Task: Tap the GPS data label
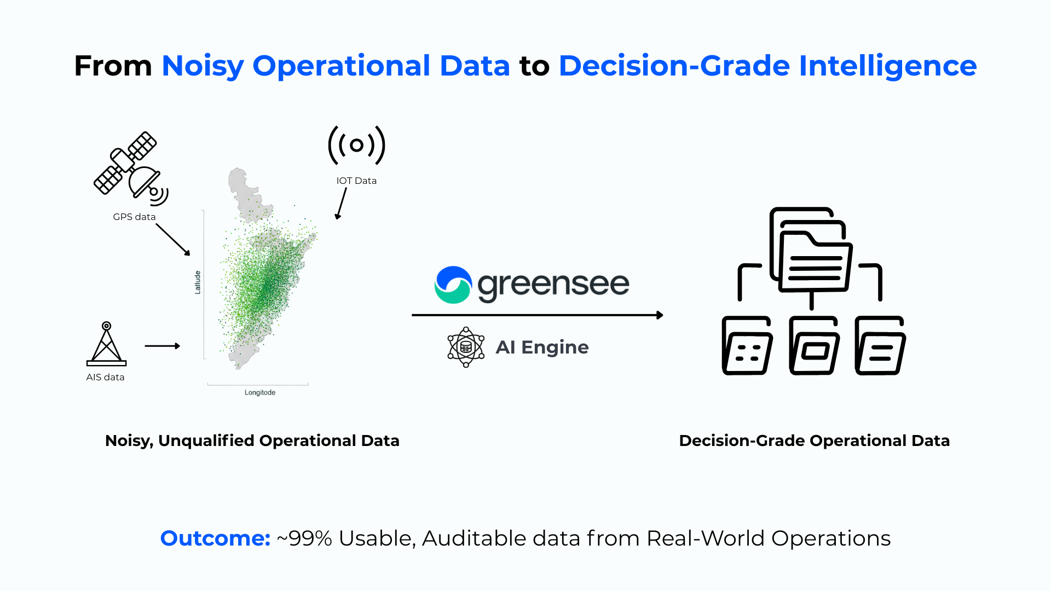click(134, 217)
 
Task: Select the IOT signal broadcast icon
click(357, 145)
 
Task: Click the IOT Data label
click(356, 181)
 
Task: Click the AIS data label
click(105, 377)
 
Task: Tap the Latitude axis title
click(198, 282)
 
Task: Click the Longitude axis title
click(260, 392)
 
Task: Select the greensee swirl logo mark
click(453, 285)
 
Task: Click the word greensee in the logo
click(553, 285)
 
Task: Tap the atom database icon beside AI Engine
click(466, 347)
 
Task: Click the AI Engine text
click(542, 347)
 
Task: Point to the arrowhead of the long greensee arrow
click(660, 315)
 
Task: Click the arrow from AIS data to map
click(163, 346)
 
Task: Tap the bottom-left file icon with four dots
click(747, 345)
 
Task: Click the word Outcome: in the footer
click(215, 538)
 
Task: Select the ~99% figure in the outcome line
click(304, 538)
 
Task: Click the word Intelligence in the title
click(888, 66)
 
